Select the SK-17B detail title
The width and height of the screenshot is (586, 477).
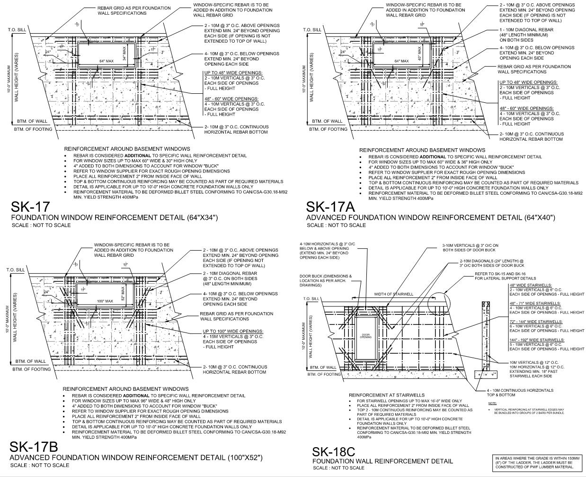pos(34,447)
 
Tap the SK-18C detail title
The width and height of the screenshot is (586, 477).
pos(333,452)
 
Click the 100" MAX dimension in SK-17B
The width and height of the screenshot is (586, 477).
pos(105,301)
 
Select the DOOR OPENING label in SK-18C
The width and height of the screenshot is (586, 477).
pos(366,336)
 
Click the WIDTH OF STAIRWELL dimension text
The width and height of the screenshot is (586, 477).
pos(393,294)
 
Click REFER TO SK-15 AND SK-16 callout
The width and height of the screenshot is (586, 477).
pos(506,276)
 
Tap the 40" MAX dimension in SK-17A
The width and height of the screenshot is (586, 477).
pos(419,50)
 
